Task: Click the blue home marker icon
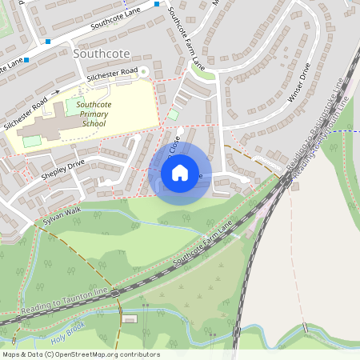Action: click(180, 172)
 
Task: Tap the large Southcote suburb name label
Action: click(100, 53)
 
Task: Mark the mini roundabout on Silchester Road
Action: click(144, 72)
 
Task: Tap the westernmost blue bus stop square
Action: click(26, 59)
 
